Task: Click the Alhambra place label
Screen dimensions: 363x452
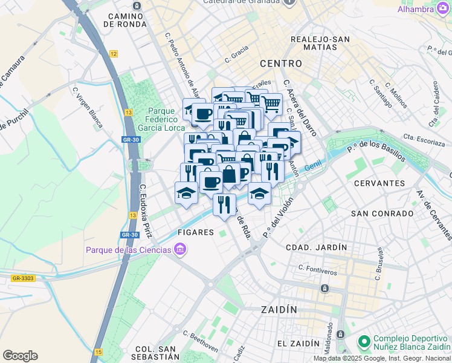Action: (x=416, y=9)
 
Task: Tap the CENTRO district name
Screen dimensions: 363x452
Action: (x=280, y=63)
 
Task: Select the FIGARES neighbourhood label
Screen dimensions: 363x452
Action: (x=195, y=232)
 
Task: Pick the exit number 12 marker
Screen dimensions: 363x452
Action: (x=113, y=54)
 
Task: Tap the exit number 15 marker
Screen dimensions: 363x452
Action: (x=98, y=351)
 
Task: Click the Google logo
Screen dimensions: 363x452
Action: (x=20, y=356)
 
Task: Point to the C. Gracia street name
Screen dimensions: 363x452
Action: (x=236, y=55)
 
